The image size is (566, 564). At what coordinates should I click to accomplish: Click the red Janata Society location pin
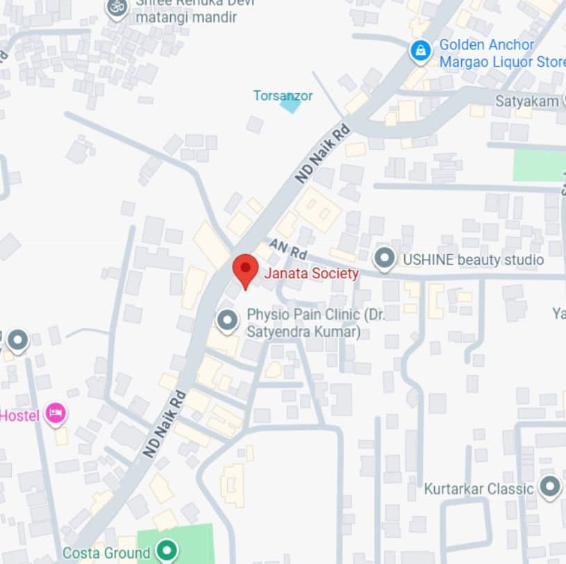244,269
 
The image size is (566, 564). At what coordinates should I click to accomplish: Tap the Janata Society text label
311,274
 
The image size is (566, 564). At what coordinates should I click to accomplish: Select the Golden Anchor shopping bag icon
419,52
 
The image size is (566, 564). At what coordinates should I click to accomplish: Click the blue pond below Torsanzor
290,105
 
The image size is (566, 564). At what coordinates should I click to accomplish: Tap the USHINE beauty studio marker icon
384,260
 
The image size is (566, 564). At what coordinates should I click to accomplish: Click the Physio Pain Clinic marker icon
226,321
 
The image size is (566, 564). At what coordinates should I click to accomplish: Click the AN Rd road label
288,247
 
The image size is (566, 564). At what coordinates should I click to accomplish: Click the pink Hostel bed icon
56,415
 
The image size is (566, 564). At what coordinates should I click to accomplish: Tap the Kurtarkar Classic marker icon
550,488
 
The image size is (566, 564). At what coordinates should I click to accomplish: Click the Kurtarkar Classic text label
479,489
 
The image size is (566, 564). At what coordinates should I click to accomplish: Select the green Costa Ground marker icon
166,552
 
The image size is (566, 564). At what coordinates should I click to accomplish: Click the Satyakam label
526,101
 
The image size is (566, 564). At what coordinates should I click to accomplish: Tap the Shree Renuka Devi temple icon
117,8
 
